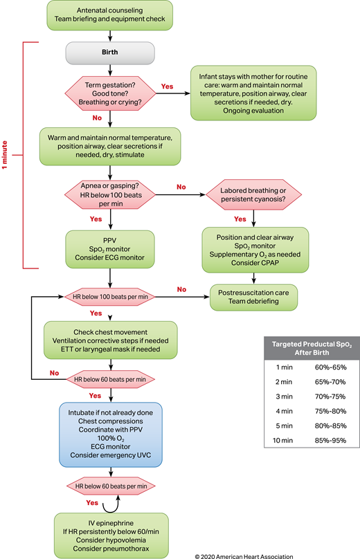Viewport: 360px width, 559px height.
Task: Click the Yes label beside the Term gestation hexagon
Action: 167,86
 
